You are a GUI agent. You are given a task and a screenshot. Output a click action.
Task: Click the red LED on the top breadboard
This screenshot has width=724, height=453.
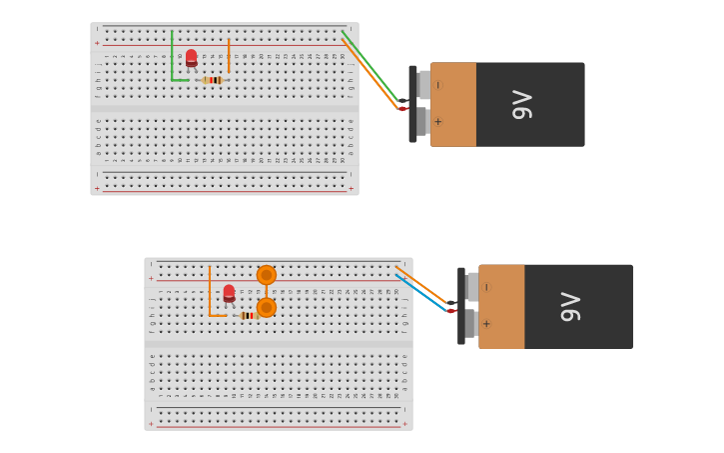[x=191, y=58]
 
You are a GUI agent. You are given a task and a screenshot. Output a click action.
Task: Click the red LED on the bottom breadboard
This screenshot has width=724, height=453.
[x=229, y=293]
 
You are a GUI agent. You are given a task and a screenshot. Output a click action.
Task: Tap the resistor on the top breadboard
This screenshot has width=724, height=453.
[x=212, y=80]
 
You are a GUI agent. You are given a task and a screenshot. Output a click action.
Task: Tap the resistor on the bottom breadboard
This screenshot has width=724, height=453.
[x=248, y=315]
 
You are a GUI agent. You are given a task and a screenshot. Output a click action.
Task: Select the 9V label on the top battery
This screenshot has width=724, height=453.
[x=521, y=104]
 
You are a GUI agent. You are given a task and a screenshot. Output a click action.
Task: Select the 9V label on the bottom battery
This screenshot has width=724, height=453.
[x=569, y=306]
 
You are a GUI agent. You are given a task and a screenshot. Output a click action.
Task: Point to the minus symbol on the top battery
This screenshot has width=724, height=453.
[x=437, y=85]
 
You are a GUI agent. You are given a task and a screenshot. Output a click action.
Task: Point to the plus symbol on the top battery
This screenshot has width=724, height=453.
[x=437, y=122]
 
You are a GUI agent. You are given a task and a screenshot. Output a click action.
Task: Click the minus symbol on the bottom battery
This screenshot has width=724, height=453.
[x=486, y=287]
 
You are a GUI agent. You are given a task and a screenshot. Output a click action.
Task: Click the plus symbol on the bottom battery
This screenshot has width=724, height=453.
[x=486, y=324]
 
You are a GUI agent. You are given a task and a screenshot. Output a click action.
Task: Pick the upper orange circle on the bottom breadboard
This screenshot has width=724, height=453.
[x=266, y=275]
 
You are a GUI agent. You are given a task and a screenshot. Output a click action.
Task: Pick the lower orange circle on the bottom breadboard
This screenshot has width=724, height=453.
[x=266, y=307]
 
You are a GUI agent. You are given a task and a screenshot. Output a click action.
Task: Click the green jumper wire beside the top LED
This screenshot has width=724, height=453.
[x=172, y=60]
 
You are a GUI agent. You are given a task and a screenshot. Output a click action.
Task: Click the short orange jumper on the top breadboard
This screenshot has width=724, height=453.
[x=229, y=56]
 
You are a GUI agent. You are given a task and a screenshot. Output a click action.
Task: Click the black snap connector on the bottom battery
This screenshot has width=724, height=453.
[x=461, y=306]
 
